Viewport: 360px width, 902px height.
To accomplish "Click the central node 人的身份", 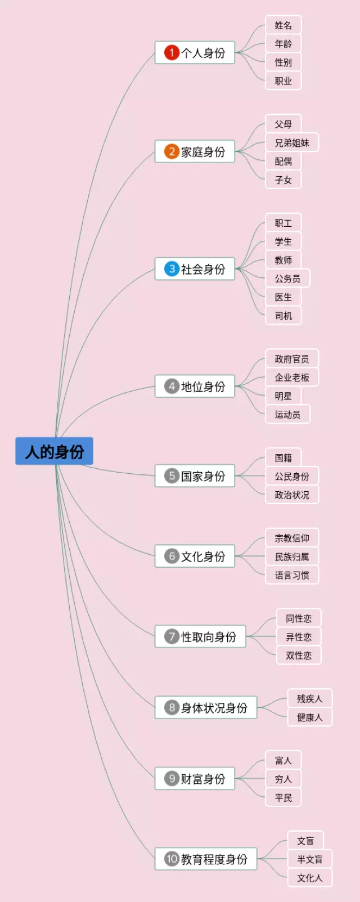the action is click(55, 451).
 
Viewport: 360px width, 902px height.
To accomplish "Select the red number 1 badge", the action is click(172, 53).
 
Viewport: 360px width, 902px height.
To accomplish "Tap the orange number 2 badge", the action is click(172, 152).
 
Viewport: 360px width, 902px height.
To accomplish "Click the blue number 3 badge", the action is click(172, 269).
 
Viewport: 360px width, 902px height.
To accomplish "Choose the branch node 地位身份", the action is click(195, 387).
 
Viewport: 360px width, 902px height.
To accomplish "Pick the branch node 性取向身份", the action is click(201, 637).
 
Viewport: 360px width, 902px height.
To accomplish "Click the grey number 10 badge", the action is click(172, 859).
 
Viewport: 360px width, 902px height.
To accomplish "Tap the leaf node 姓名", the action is click(283, 25).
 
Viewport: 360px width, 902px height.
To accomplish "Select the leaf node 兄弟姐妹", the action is click(292, 143).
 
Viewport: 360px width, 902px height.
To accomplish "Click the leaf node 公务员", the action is click(287, 279).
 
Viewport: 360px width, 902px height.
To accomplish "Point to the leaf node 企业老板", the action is click(292, 378).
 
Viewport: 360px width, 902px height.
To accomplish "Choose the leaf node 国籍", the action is click(283, 458).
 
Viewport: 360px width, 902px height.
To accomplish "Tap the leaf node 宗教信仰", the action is click(292, 538).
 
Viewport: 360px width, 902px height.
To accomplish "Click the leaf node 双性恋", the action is click(299, 656).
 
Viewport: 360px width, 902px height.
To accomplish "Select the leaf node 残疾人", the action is click(310, 699).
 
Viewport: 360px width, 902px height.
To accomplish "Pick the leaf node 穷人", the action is click(283, 779).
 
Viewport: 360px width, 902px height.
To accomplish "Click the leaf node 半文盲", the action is click(310, 860).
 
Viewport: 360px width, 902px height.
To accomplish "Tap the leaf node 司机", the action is click(283, 316).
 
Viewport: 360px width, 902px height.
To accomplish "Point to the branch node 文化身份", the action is click(195, 557).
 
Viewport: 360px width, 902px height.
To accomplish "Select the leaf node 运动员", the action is click(287, 415).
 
